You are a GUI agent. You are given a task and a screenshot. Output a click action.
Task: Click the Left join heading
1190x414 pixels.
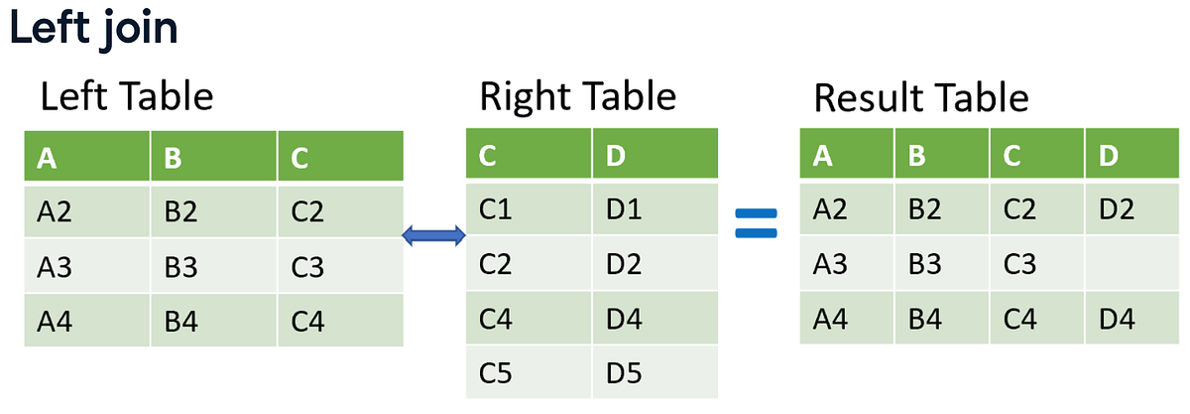point(94,29)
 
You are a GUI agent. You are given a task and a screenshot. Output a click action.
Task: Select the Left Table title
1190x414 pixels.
point(126,97)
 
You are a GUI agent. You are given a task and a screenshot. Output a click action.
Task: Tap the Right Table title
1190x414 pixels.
point(577,97)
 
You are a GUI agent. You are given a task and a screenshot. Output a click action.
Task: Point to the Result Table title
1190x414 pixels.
point(921,98)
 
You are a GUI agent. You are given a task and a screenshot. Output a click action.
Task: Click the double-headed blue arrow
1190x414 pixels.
point(433,235)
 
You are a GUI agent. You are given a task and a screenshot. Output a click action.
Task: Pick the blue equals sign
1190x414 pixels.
point(757,222)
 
